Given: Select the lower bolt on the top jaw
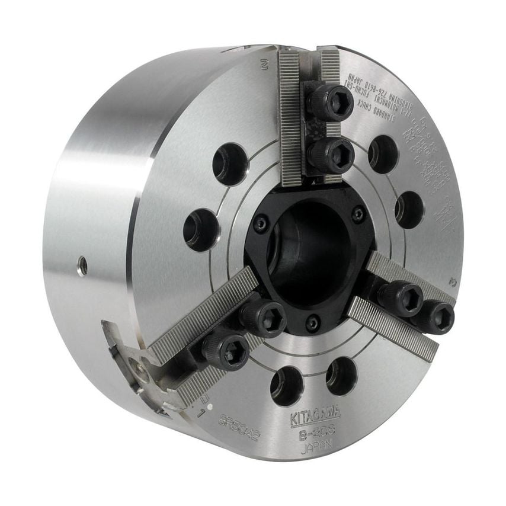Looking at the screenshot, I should [x=330, y=155].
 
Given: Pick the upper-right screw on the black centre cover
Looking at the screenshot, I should [x=358, y=214].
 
